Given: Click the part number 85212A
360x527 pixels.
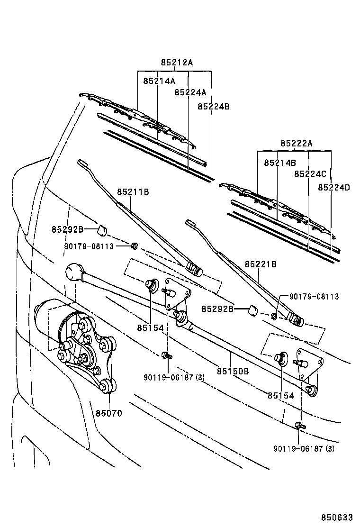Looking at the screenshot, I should (176, 62).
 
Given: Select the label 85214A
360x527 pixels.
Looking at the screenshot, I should (159, 81).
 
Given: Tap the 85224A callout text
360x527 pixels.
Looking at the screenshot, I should (190, 92).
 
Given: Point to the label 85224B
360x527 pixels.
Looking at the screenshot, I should (213, 107).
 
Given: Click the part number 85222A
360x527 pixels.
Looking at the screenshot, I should (296, 144).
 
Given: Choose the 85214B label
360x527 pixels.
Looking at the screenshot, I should (280, 163).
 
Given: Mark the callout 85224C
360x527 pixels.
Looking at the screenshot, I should (310, 174).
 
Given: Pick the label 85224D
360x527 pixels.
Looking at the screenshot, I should (333, 187).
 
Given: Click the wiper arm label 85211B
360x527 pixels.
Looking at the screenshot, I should (133, 192).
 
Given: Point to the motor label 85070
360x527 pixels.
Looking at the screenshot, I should (109, 413).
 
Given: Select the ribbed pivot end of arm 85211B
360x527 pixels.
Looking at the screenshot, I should (194, 269).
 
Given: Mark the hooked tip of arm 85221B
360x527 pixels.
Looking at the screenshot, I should (191, 222).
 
